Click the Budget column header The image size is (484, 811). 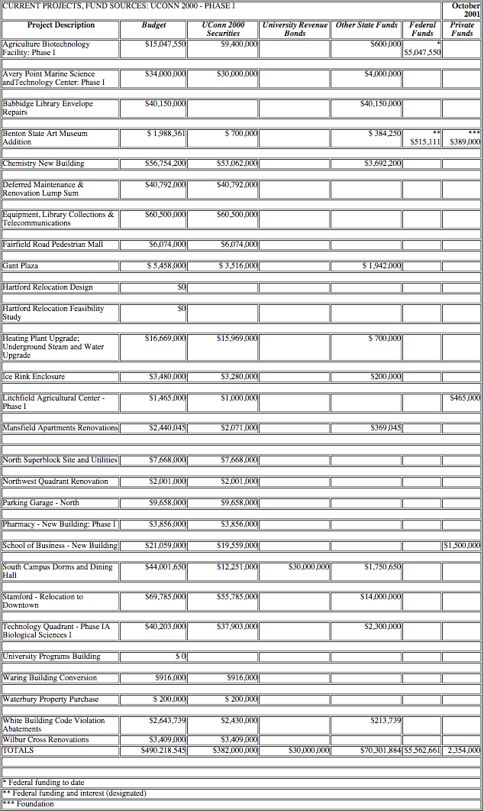click(153, 25)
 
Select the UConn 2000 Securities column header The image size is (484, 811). click(223, 29)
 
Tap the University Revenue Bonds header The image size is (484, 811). click(295, 29)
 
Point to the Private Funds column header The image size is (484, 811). click(462, 29)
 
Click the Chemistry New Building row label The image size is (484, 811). click(44, 164)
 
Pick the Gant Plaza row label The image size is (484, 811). click(21, 266)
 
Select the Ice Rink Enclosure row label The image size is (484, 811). click(34, 377)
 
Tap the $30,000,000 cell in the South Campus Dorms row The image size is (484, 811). click(308, 567)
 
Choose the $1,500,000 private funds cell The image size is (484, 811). click(462, 546)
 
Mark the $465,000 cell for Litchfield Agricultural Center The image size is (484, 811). click(465, 398)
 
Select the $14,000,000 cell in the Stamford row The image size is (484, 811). click(381, 597)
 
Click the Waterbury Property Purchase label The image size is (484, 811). click(51, 699)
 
